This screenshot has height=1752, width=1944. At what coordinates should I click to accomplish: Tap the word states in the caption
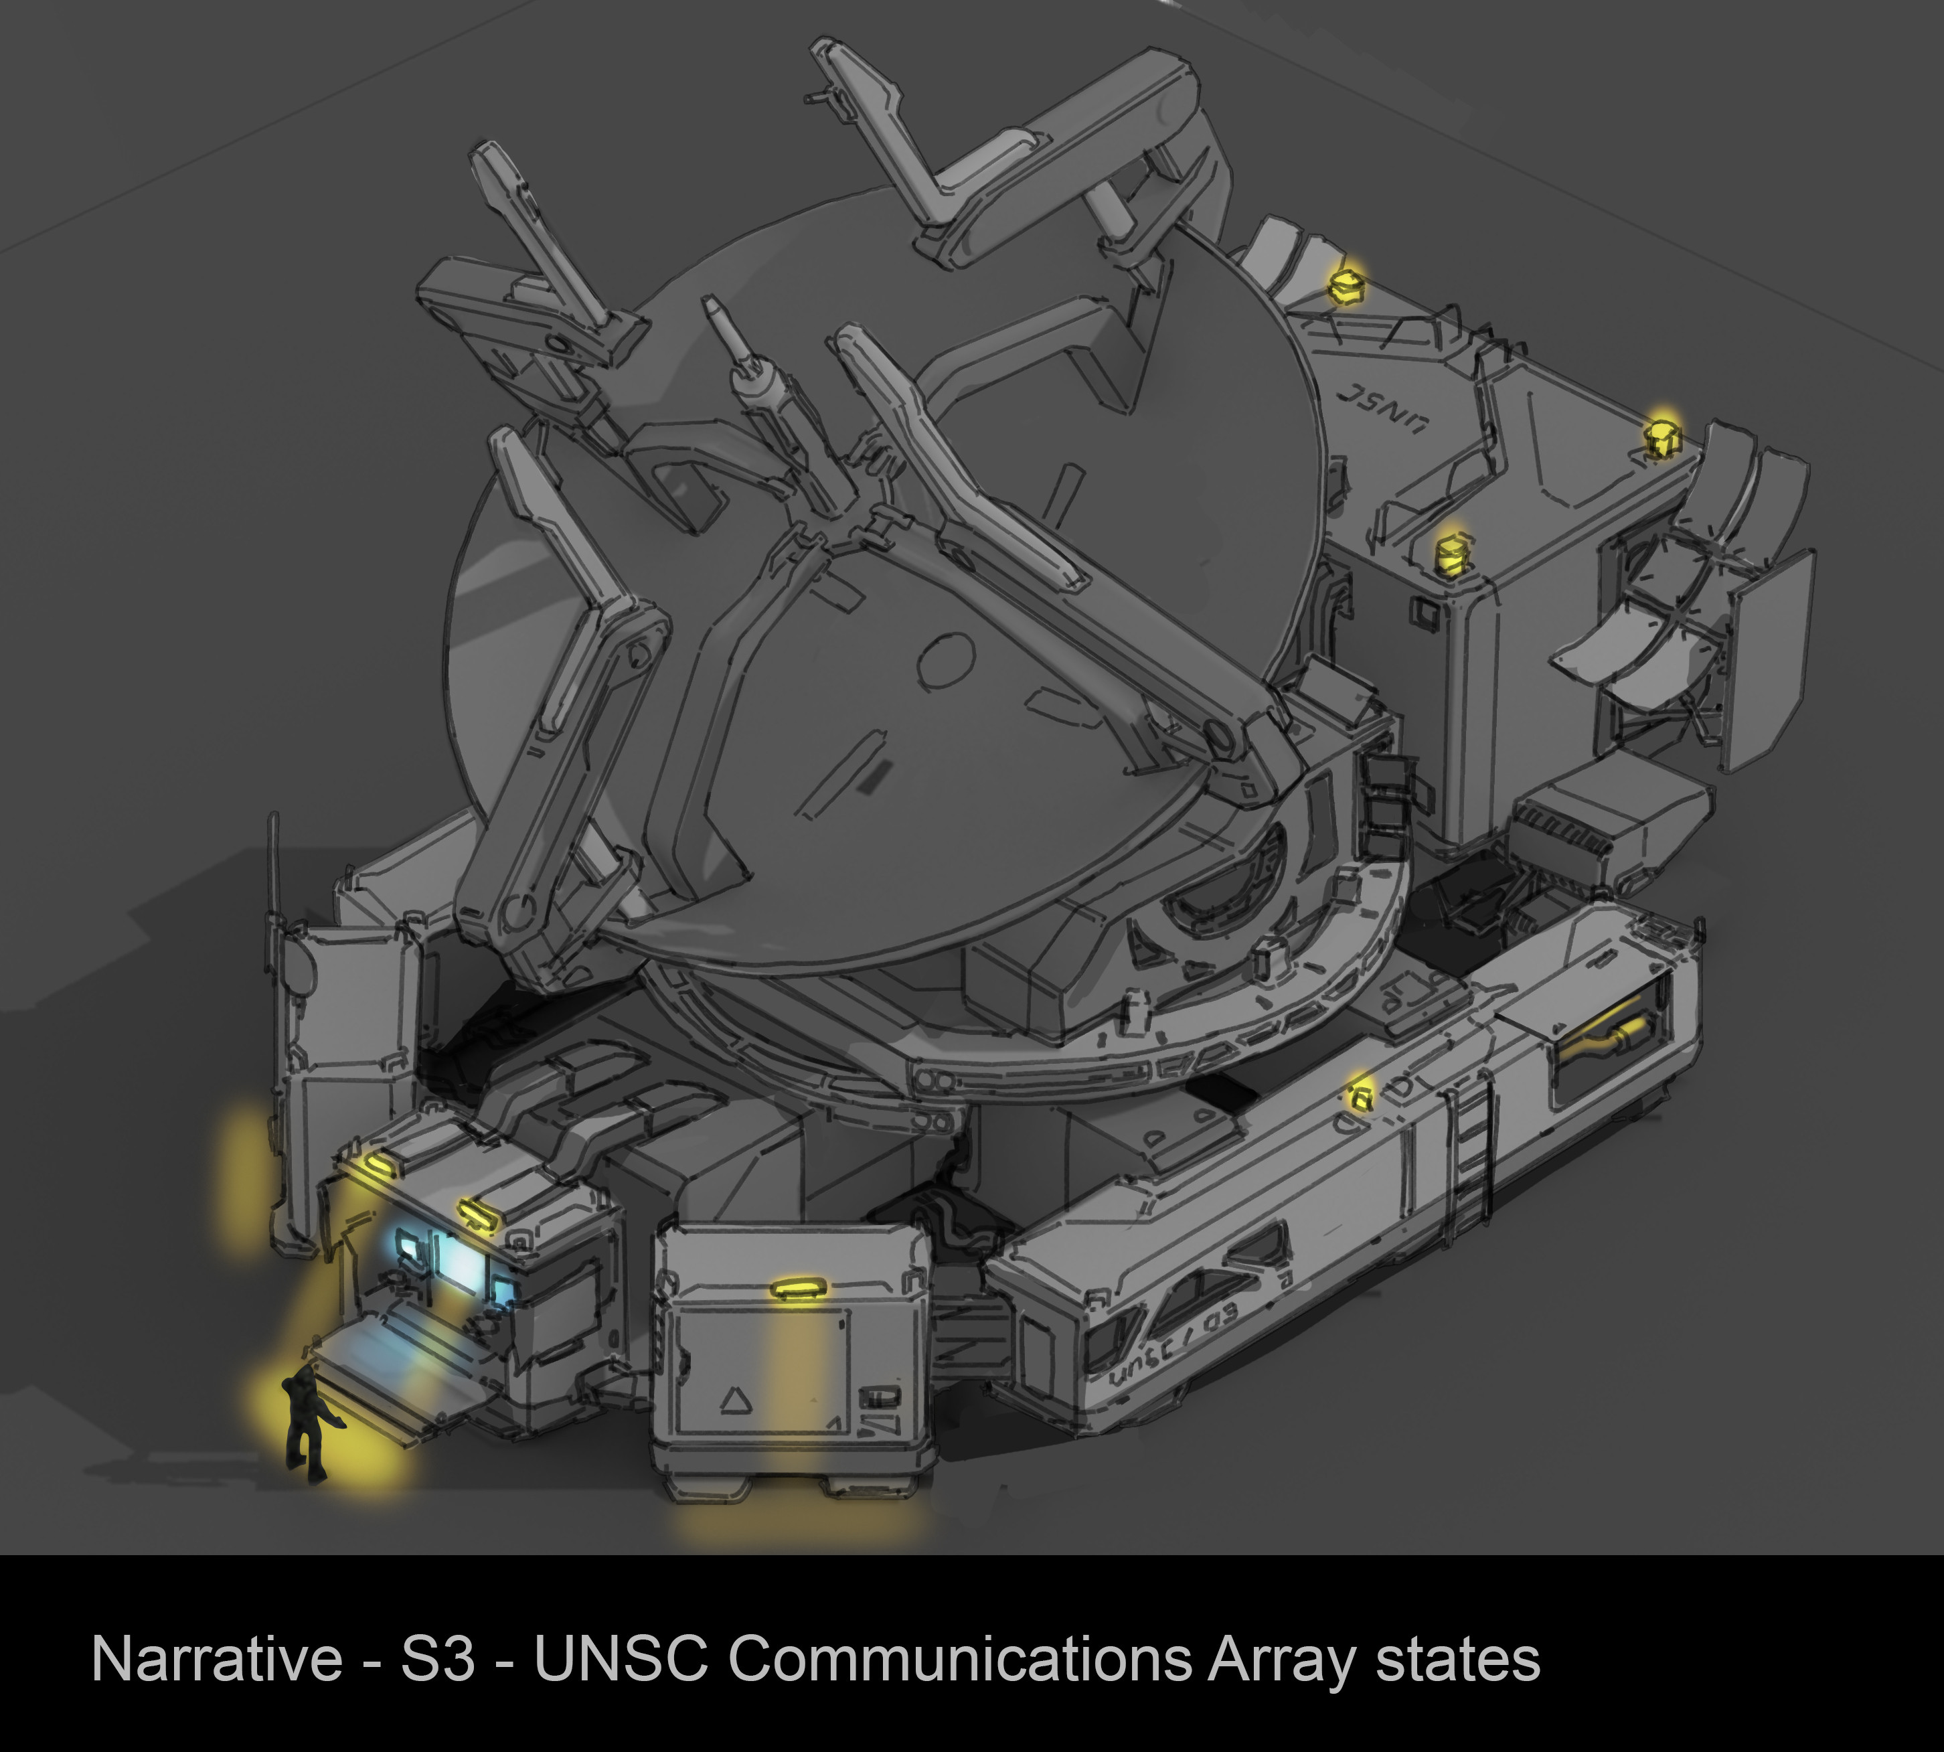coord(1458,1660)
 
